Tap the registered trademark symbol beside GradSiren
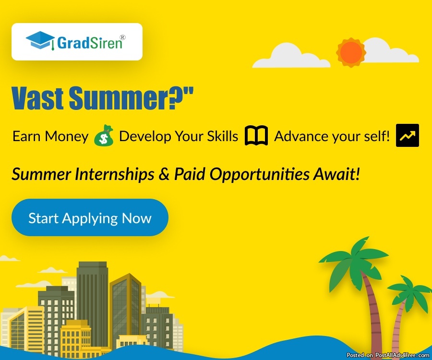(x=122, y=37)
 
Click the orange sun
(x=351, y=52)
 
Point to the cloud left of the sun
(x=291, y=56)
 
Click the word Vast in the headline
(x=38, y=98)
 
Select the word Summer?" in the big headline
(x=131, y=98)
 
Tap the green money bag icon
(x=104, y=135)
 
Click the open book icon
(x=256, y=135)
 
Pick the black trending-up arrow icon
(x=408, y=135)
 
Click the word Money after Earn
(x=66, y=136)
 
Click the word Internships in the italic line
(x=114, y=175)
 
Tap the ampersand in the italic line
(x=164, y=174)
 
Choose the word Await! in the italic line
(x=336, y=174)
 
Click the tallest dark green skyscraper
(x=92, y=303)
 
